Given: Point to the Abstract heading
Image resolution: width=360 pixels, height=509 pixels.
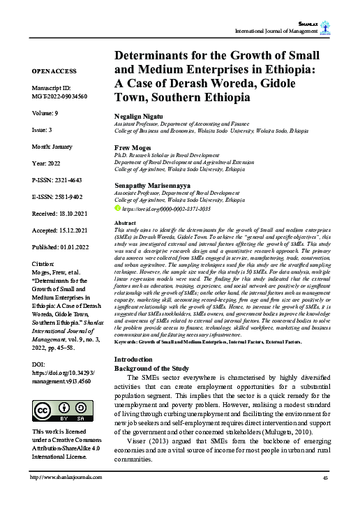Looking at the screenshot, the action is coord(125,222).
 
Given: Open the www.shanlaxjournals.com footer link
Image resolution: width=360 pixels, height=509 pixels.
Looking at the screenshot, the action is coord(66,496).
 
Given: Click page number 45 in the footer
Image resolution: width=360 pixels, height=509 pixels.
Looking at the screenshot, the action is coord(325,496).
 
